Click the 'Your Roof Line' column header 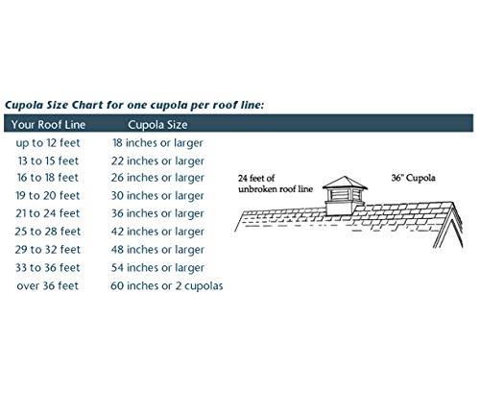(x=48, y=124)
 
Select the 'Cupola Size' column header (x=157, y=125)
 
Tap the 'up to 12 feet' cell (x=48, y=143)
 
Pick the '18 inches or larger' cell (x=157, y=143)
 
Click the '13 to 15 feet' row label (x=48, y=160)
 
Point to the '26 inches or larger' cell (x=157, y=178)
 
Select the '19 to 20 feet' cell (x=48, y=195)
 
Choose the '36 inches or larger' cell (x=157, y=213)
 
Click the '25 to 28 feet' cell (x=48, y=232)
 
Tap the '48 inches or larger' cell (x=157, y=250)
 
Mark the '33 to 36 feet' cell (x=48, y=267)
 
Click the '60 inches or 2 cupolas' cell (x=167, y=285)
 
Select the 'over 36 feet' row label (x=48, y=285)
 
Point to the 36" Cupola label (x=413, y=178)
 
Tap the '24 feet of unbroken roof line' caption (x=276, y=184)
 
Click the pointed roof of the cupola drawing (x=345, y=183)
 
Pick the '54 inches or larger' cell (x=157, y=268)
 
